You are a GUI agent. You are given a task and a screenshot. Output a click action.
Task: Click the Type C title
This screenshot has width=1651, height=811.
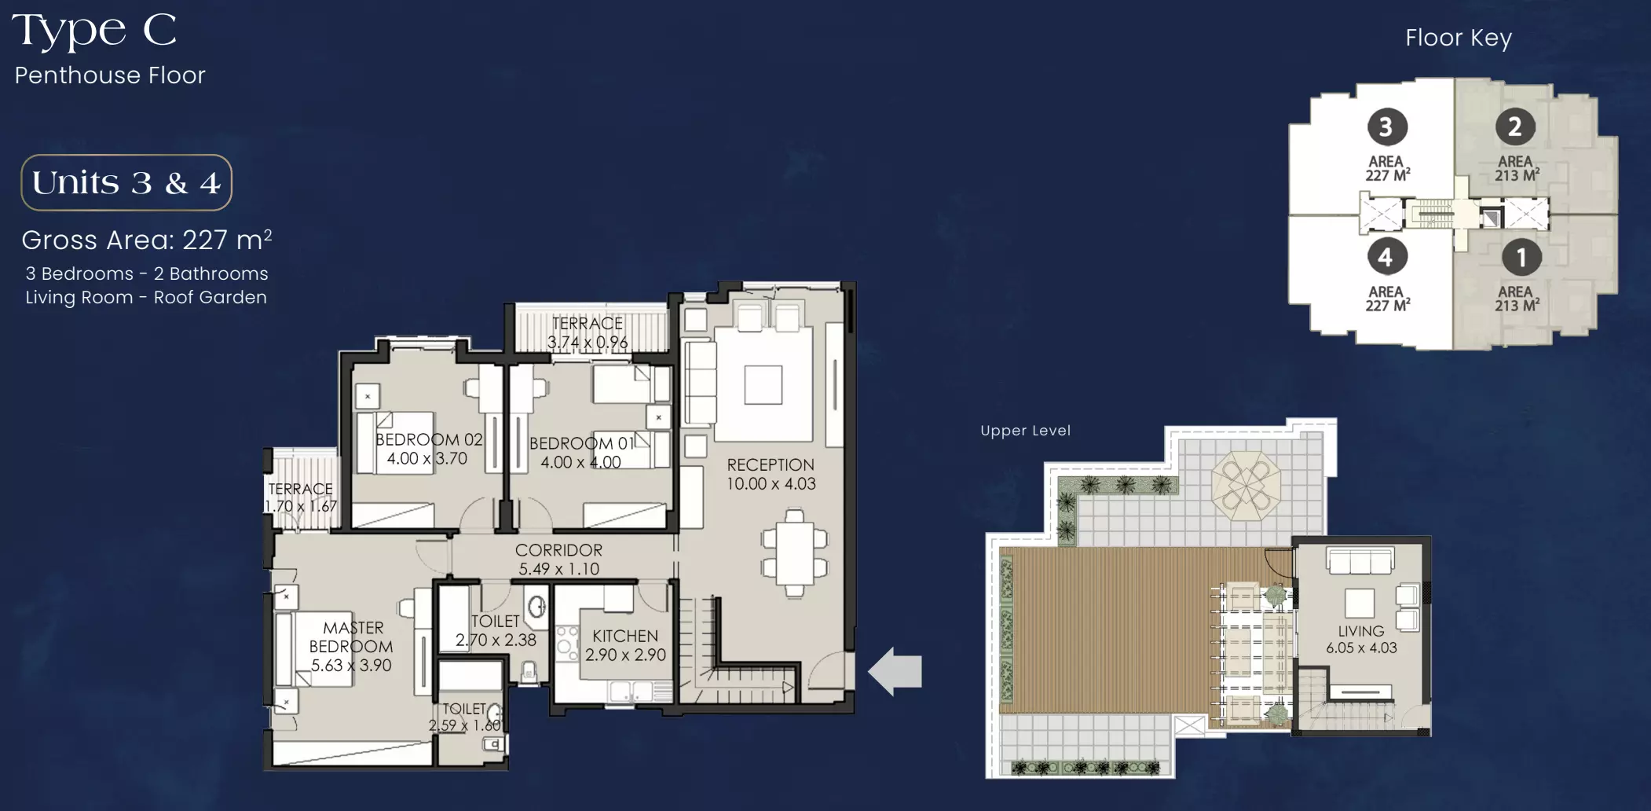(94, 31)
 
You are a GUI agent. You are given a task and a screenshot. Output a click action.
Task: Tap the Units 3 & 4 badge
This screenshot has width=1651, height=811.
(126, 182)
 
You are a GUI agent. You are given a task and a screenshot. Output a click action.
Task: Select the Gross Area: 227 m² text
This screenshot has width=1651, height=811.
(147, 239)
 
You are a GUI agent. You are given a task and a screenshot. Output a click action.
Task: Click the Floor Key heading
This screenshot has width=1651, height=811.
(1459, 38)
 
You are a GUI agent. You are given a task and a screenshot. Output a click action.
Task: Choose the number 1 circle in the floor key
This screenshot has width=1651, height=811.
(1521, 257)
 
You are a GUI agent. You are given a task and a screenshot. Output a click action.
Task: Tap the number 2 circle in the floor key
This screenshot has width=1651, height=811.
(1515, 127)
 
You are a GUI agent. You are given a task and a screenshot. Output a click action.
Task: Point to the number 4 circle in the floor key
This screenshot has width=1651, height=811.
(1386, 257)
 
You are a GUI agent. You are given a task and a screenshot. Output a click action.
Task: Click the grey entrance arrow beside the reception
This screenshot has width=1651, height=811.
(895, 671)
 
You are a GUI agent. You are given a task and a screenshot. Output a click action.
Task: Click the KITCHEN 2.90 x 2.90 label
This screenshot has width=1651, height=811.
(625, 645)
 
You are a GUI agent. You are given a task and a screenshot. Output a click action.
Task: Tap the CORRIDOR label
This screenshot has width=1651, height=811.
(558, 550)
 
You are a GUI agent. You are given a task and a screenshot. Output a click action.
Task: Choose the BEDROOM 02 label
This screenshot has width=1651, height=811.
(429, 439)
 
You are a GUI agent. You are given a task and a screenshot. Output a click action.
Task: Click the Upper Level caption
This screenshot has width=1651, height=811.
(1025, 431)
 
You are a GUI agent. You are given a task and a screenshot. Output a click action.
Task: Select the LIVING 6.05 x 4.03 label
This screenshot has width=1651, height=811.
(1361, 640)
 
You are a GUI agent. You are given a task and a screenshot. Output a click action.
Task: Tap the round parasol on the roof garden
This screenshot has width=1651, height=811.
(1246, 484)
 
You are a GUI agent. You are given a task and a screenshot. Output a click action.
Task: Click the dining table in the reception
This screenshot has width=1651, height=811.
(795, 553)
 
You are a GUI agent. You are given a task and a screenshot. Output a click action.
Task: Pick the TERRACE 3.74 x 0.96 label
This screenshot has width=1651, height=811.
(588, 333)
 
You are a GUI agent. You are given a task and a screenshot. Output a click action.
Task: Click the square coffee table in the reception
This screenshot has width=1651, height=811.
(763, 385)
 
